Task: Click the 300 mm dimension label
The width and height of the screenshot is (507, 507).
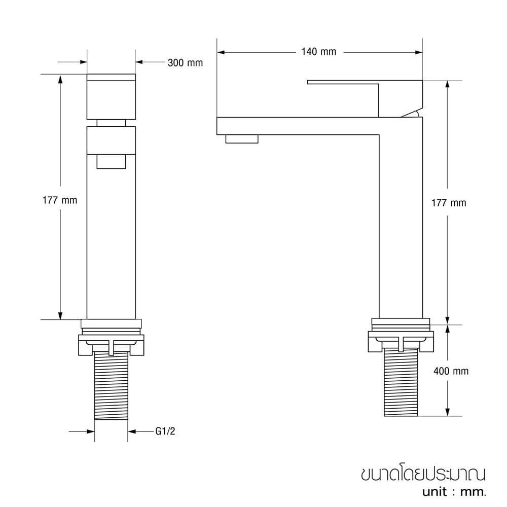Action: (185, 63)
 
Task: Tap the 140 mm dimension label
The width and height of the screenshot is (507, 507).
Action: (319, 52)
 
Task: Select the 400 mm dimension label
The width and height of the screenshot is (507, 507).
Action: (451, 371)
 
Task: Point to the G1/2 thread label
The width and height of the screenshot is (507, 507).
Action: (165, 431)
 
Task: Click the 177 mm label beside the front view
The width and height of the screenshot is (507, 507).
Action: (60, 200)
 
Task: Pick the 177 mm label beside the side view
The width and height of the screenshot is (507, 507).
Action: (449, 203)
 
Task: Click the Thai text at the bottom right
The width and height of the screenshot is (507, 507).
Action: (423, 475)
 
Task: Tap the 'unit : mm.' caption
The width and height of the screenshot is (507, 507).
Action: (454, 492)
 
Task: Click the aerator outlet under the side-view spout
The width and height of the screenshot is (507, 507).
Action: (242, 139)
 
